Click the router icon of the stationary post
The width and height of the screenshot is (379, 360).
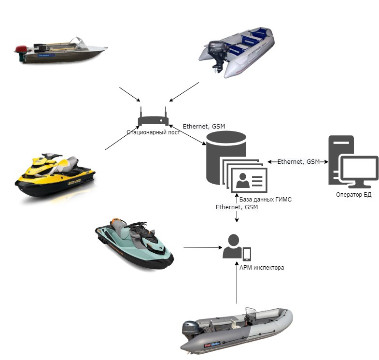pos(153,119)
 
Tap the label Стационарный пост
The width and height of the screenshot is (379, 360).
pos(153,132)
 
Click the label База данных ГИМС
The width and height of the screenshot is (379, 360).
pos(266,200)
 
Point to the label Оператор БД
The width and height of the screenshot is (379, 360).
pos(353,195)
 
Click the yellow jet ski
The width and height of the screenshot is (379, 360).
pos(54,175)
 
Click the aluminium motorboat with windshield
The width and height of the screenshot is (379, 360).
pos(60,51)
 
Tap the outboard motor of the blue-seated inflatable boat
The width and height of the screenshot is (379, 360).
pos(215,54)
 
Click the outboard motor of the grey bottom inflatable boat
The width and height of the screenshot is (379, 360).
pos(190,332)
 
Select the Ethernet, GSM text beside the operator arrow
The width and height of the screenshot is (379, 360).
pos(298,162)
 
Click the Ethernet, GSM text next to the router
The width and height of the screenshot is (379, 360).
pos(204,127)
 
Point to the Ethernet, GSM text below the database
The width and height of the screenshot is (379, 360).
pos(237,207)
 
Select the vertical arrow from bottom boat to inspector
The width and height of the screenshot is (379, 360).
pos(237,285)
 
